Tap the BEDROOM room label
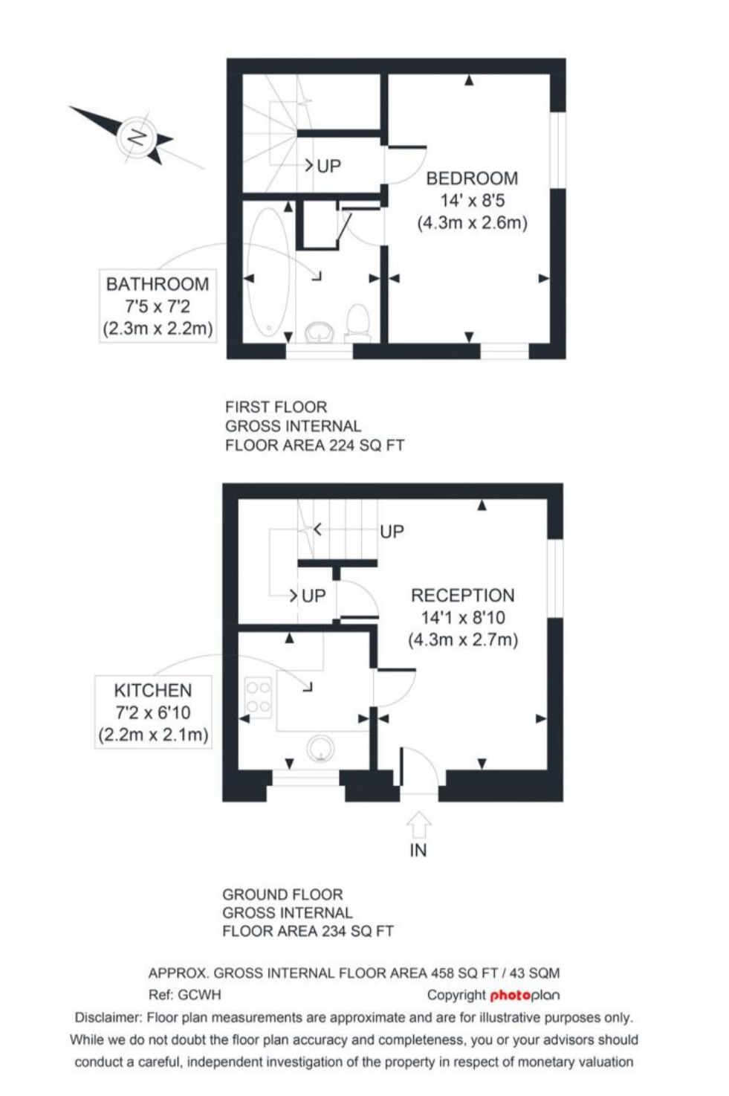[472, 178]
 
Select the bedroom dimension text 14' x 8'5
[472, 201]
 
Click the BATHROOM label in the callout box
[158, 284]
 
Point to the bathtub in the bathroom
[268, 273]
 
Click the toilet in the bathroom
[357, 321]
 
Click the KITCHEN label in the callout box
[153, 690]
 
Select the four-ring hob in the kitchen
[258, 697]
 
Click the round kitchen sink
[321, 749]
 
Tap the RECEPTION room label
[462, 595]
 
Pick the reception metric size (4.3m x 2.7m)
[463, 639]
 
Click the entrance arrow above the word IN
[418, 825]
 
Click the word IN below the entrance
[418, 851]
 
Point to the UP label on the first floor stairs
[329, 167]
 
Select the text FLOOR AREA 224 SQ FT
[315, 445]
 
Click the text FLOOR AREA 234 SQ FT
[308, 931]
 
